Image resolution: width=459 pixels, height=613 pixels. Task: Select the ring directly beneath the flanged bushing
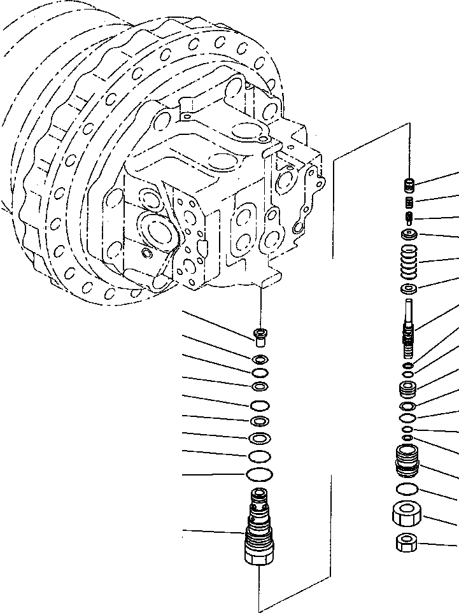(x=260, y=360)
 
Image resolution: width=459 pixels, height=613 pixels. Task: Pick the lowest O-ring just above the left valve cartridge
(x=258, y=474)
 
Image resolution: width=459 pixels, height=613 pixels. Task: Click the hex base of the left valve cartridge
(x=258, y=556)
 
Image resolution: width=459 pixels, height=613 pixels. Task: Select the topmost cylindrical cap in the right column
(x=411, y=185)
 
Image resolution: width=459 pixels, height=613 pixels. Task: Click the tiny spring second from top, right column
(x=411, y=203)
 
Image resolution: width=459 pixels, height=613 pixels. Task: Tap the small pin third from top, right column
(x=410, y=220)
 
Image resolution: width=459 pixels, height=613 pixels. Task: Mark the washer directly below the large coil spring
(x=409, y=290)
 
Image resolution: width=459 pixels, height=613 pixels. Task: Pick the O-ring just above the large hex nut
(x=406, y=489)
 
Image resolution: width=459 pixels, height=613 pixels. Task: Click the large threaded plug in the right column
(x=406, y=461)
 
